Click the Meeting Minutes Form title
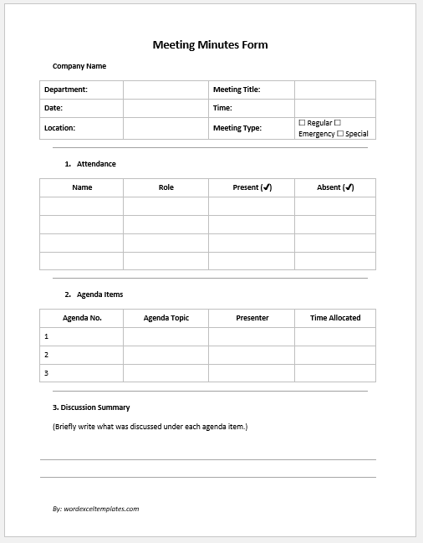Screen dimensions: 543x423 coord(210,45)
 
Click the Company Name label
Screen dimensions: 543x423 coord(79,66)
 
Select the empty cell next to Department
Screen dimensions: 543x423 coord(166,90)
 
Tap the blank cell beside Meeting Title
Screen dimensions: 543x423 coord(334,90)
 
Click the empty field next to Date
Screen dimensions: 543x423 coord(166,108)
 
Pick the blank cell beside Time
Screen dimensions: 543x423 coord(334,108)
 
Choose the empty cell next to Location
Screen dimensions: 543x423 coord(166,128)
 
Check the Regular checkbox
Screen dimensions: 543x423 coord(302,123)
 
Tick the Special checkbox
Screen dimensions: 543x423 coord(340,134)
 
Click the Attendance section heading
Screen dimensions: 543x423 coord(95,164)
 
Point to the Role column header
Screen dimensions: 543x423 coord(166,187)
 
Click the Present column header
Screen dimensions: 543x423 coord(252,187)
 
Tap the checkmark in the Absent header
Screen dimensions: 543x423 coord(349,187)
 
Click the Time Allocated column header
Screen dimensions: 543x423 coord(335,318)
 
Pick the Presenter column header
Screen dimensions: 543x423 coord(252,318)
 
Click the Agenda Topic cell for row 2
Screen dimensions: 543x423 coord(166,355)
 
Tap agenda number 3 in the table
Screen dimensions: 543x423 coord(46,373)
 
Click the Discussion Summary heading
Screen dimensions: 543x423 coord(91,407)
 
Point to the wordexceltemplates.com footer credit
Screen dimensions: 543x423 coord(95,508)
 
